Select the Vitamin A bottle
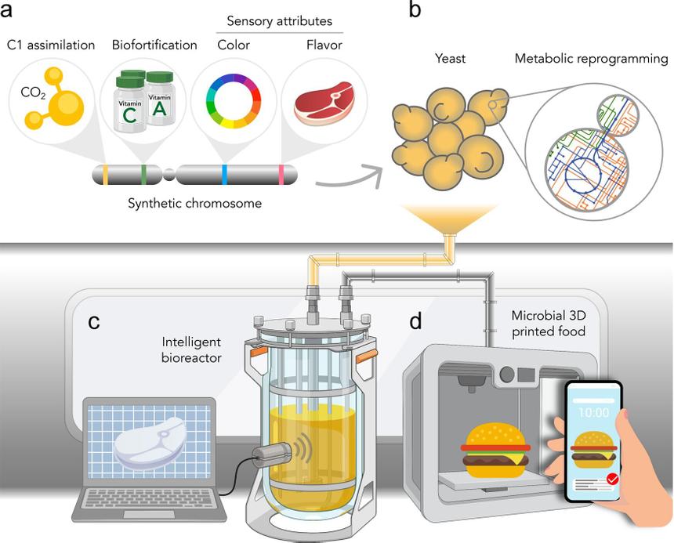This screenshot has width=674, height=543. click(160, 99)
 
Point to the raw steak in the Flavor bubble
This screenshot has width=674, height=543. click(324, 104)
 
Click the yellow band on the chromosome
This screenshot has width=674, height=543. click(105, 174)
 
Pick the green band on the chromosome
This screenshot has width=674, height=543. click(143, 174)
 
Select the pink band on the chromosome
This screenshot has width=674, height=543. click(281, 174)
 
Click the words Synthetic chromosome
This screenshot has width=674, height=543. click(194, 204)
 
